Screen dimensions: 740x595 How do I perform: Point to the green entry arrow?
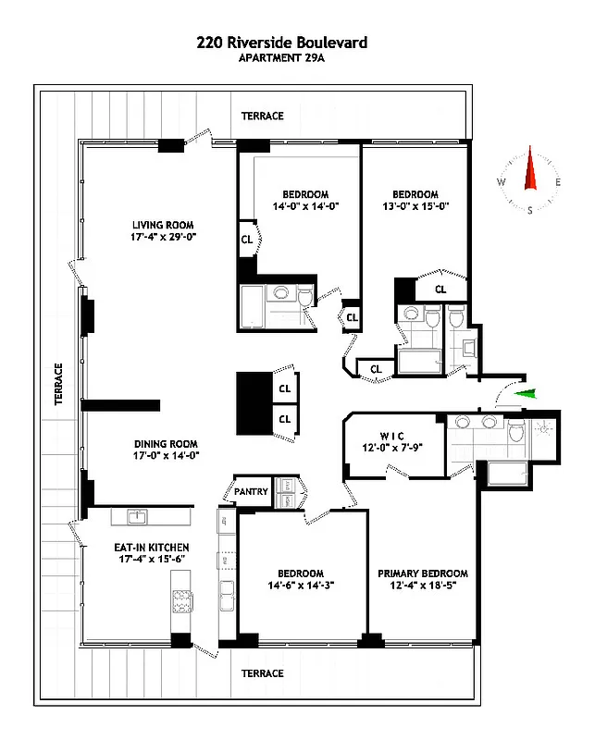click(x=526, y=395)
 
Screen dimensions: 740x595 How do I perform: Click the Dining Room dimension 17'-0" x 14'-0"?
click(x=167, y=455)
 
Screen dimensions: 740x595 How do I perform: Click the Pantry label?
click(x=251, y=491)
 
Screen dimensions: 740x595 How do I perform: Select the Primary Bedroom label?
click(x=422, y=573)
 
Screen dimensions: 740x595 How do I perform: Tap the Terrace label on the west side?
click(x=57, y=385)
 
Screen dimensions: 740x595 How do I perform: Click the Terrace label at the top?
click(x=262, y=116)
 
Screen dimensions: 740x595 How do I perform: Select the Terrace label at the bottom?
click(x=262, y=673)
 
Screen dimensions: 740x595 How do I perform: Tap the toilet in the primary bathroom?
click(x=516, y=430)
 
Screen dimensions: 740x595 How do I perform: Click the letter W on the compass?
click(x=501, y=183)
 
